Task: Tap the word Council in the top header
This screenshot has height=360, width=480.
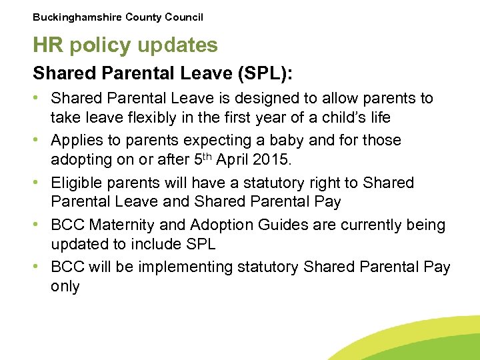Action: pyautogui.click(x=181, y=17)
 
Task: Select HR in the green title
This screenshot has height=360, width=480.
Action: pyautogui.click(x=47, y=45)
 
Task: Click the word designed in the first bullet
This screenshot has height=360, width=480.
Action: pyautogui.click(x=272, y=99)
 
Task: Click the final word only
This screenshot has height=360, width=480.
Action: pyautogui.click(x=65, y=287)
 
